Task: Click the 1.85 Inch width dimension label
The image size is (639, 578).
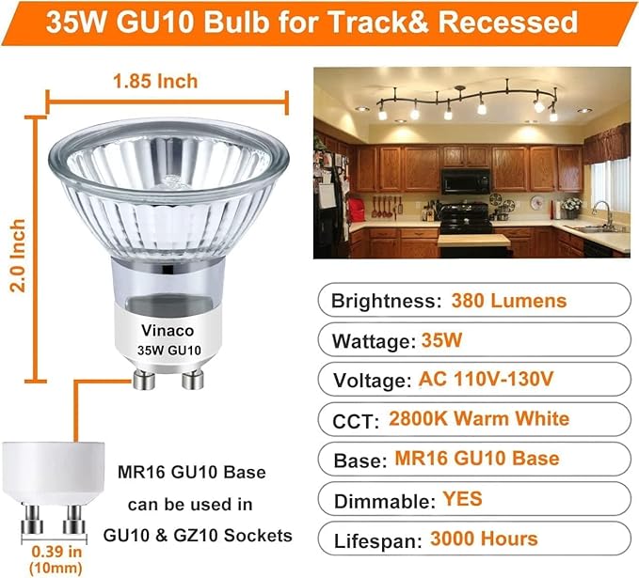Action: (x=156, y=81)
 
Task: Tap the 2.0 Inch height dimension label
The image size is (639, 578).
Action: (x=16, y=256)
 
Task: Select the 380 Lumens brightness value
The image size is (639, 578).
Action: (x=508, y=301)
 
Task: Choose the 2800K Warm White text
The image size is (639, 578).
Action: (x=478, y=419)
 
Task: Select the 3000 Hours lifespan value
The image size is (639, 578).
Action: (x=483, y=539)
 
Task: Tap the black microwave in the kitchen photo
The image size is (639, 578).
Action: (x=467, y=180)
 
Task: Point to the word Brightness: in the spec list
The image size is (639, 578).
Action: (x=381, y=301)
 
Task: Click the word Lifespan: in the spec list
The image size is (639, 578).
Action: (x=375, y=539)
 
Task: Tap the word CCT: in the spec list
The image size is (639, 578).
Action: (x=354, y=419)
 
